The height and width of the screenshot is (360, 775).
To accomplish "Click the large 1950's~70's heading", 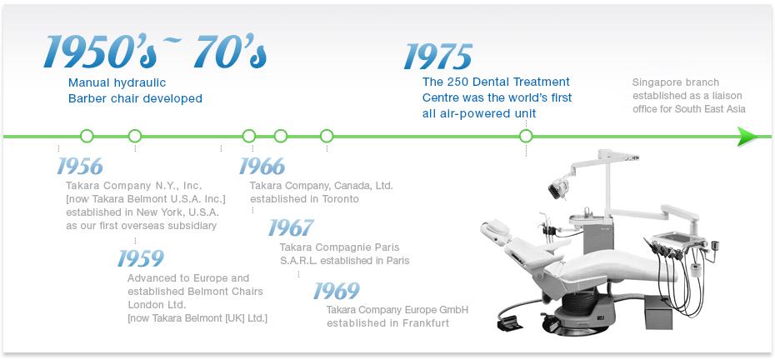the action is pyautogui.click(x=155, y=52).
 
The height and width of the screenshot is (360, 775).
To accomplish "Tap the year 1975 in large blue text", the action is pyautogui.click(x=438, y=57).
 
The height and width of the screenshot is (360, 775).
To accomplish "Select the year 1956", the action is pyautogui.click(x=79, y=167).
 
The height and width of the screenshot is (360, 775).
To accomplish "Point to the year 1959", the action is pyautogui.click(x=140, y=258).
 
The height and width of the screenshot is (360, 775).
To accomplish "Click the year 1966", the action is pyautogui.click(x=262, y=167).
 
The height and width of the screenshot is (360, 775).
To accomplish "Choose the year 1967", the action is pyautogui.click(x=291, y=228).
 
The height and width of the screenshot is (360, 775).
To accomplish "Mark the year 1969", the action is pyautogui.click(x=336, y=292).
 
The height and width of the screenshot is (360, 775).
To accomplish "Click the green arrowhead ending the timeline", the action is pyautogui.click(x=747, y=136).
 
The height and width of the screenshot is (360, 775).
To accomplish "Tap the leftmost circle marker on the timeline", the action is pyautogui.click(x=87, y=136).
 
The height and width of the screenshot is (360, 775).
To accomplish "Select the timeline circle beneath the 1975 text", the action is pyautogui.click(x=526, y=136).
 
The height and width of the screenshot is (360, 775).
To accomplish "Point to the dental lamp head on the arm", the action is pyautogui.click(x=559, y=189).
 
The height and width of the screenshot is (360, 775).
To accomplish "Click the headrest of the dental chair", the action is pyautogui.click(x=495, y=232).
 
